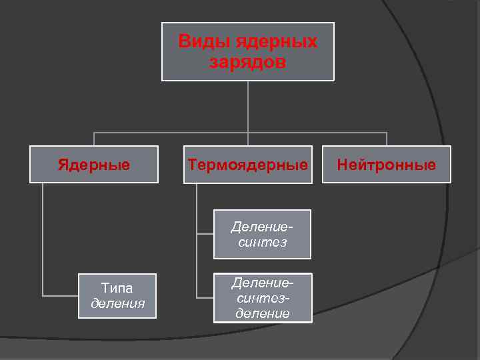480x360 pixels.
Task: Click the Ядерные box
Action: pos(94,164)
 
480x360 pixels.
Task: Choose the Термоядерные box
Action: pos(248,164)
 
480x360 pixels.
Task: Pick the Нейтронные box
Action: pos(387,164)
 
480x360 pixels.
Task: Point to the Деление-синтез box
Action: pos(262,234)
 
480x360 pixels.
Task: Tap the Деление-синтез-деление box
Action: pos(262,298)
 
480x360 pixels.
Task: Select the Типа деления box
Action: pos(117,296)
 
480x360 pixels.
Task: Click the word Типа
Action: pos(117,288)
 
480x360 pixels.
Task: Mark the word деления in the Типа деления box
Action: pos(117,304)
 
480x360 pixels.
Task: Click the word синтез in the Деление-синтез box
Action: pos(262,242)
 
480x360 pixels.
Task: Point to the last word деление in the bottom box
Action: pos(262,313)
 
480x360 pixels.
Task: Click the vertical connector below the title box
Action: pos(248,107)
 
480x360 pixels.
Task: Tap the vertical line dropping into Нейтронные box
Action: pos(387,139)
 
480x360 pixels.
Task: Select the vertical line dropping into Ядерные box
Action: pos(94,139)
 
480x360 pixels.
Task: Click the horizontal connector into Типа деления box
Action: pos(60,295)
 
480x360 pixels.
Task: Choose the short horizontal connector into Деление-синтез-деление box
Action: pos(205,297)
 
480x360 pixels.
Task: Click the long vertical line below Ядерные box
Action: pos(43,240)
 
